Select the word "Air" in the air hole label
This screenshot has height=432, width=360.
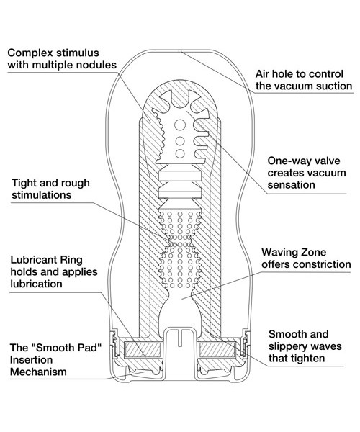(x=261, y=74)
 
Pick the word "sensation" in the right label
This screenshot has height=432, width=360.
(x=291, y=184)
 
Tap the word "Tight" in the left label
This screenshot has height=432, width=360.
(x=24, y=183)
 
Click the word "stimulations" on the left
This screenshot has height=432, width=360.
(x=41, y=195)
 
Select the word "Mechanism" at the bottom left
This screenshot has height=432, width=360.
(x=38, y=372)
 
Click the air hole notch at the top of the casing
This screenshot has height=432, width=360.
(x=179, y=51)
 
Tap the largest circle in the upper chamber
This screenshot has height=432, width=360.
(x=180, y=125)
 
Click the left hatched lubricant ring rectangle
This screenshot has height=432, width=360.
(x=143, y=350)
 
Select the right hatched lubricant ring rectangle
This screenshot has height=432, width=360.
(x=217, y=350)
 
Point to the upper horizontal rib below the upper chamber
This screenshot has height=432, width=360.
(x=180, y=176)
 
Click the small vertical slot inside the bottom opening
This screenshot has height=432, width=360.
(x=179, y=338)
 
